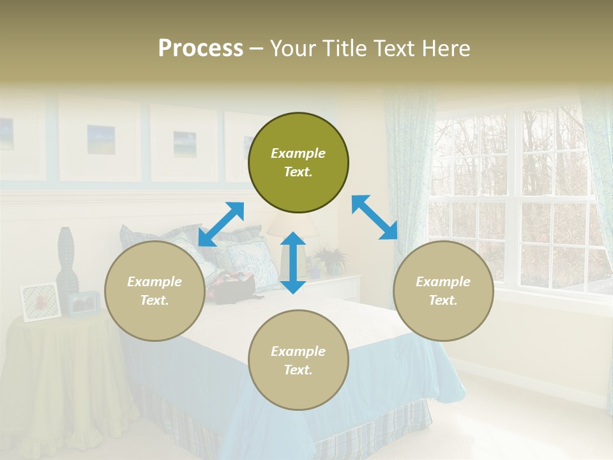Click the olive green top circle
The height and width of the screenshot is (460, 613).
point(298,163)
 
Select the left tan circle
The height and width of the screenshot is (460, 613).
point(155,291)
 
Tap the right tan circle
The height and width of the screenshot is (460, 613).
point(443,291)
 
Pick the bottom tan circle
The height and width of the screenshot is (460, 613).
point(298,360)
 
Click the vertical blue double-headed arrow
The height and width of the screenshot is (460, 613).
point(293,263)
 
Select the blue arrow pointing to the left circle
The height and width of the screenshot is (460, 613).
point(221,224)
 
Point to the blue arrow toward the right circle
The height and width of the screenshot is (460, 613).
point(374,217)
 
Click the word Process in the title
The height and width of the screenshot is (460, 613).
point(201,48)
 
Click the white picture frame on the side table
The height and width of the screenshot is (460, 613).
point(40,301)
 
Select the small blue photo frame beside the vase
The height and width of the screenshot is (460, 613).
point(84,303)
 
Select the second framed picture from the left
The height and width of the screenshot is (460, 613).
point(100,139)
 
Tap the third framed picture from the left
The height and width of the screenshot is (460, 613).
point(184,143)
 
